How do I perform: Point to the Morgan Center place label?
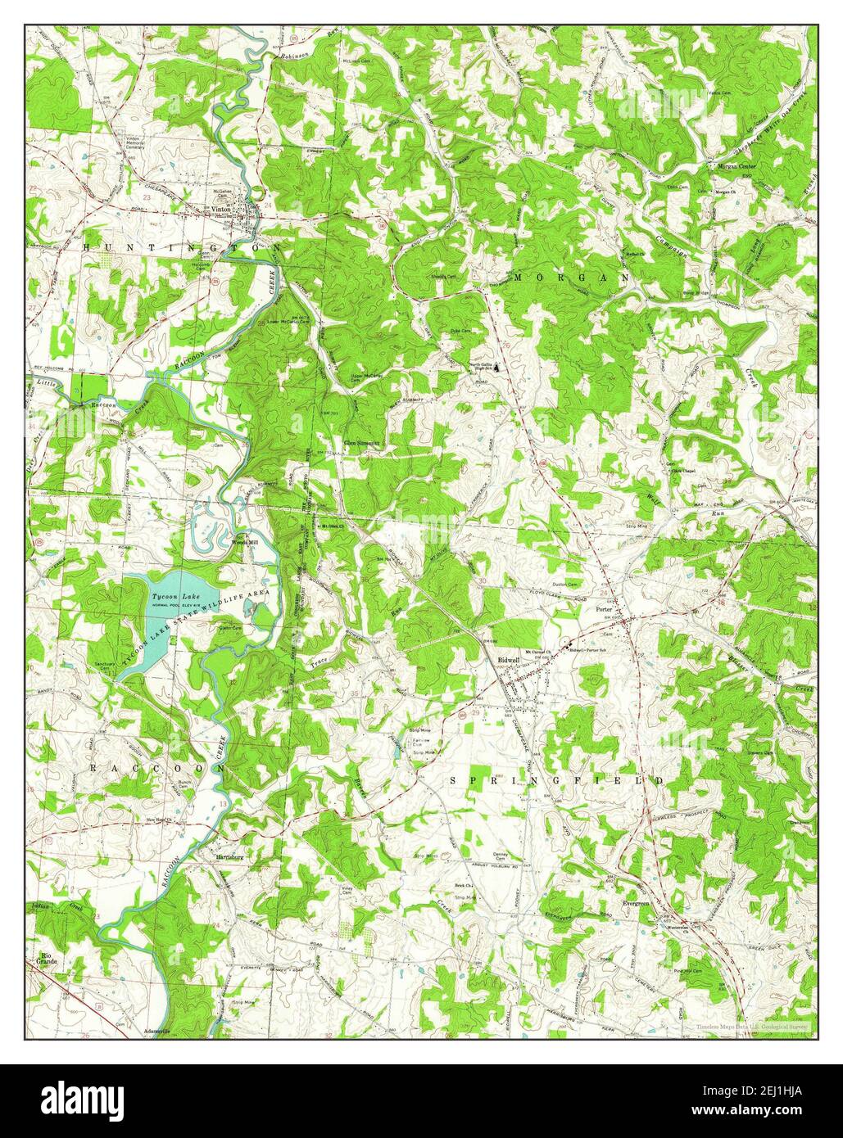point(736,166)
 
